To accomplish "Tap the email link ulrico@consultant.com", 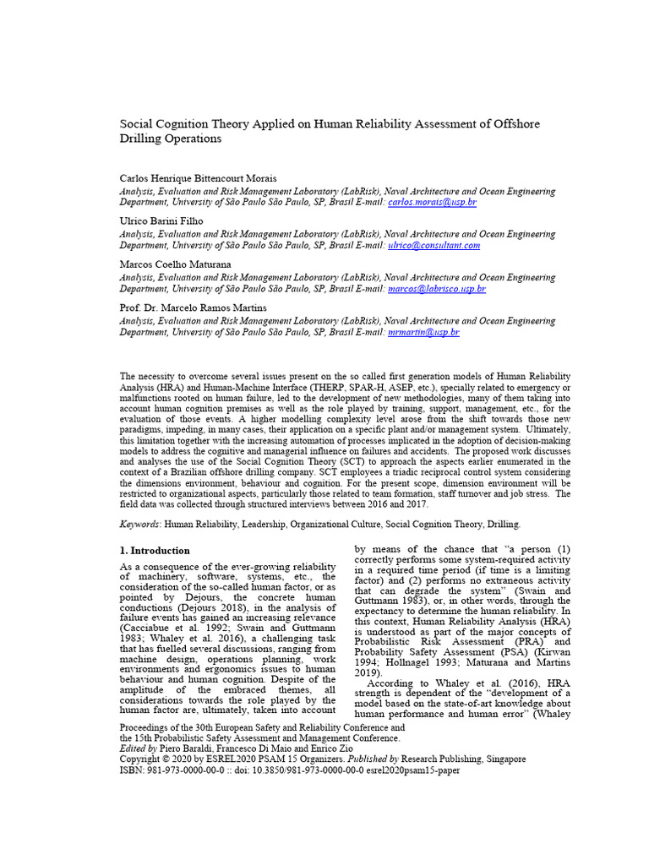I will (x=434, y=245).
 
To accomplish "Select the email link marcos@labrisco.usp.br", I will (x=437, y=289).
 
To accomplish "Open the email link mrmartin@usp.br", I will (x=423, y=333).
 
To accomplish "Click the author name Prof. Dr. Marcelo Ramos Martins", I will (x=193, y=308).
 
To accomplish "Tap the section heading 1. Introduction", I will (x=155, y=551).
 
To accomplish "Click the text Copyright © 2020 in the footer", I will (x=157, y=759).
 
